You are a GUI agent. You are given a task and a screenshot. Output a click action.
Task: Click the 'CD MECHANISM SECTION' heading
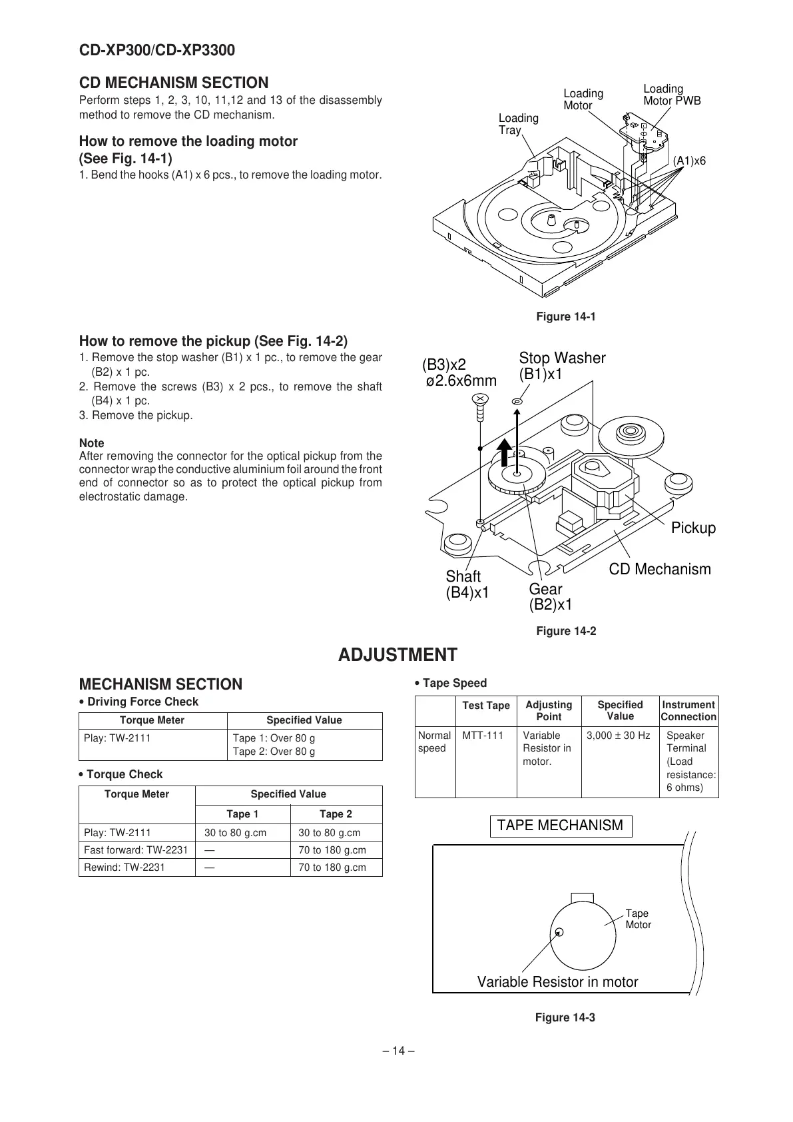174,83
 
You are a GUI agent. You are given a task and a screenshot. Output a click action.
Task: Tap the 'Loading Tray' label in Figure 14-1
518,124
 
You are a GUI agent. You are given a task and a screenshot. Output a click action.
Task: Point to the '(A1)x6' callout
689,161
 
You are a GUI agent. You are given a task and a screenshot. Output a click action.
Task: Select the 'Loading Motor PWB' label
671,95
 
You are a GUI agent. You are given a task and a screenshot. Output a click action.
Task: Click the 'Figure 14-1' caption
565,316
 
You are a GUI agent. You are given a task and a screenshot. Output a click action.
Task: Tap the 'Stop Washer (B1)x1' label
561,366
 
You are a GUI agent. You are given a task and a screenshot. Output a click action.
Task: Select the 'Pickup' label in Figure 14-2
692,528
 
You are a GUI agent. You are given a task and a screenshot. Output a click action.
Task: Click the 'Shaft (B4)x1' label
467,584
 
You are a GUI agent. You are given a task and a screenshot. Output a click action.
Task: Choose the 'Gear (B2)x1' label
549,597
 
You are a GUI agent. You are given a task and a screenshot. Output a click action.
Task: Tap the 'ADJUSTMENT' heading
397,655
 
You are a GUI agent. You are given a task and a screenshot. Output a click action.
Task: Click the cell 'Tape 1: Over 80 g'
274,738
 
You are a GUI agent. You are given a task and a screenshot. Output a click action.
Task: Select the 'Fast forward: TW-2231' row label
136,850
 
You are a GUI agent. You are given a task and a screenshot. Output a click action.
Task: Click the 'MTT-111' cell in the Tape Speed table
483,736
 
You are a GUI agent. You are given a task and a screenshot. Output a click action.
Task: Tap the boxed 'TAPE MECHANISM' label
560,826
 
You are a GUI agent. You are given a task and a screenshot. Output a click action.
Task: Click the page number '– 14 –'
397,1051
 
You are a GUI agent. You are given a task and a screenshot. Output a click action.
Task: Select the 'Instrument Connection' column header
688,711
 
